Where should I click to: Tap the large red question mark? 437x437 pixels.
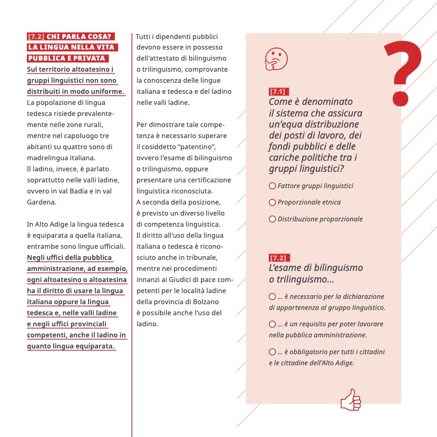click(x=402, y=72)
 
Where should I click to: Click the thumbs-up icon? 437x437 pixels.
click(x=351, y=400)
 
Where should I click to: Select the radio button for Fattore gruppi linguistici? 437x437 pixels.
click(x=273, y=186)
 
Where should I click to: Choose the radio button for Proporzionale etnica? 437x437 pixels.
click(x=273, y=202)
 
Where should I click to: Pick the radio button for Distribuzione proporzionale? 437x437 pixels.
click(x=273, y=219)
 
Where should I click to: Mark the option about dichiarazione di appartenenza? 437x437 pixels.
click(x=273, y=297)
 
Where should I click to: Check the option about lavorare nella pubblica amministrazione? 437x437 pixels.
click(x=273, y=324)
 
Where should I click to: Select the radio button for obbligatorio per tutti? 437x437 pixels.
click(x=273, y=352)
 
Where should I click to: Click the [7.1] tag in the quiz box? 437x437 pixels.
click(x=277, y=92)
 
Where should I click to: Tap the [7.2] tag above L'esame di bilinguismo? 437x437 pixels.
click(x=277, y=258)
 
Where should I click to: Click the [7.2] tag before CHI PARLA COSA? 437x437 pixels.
click(x=35, y=37)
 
